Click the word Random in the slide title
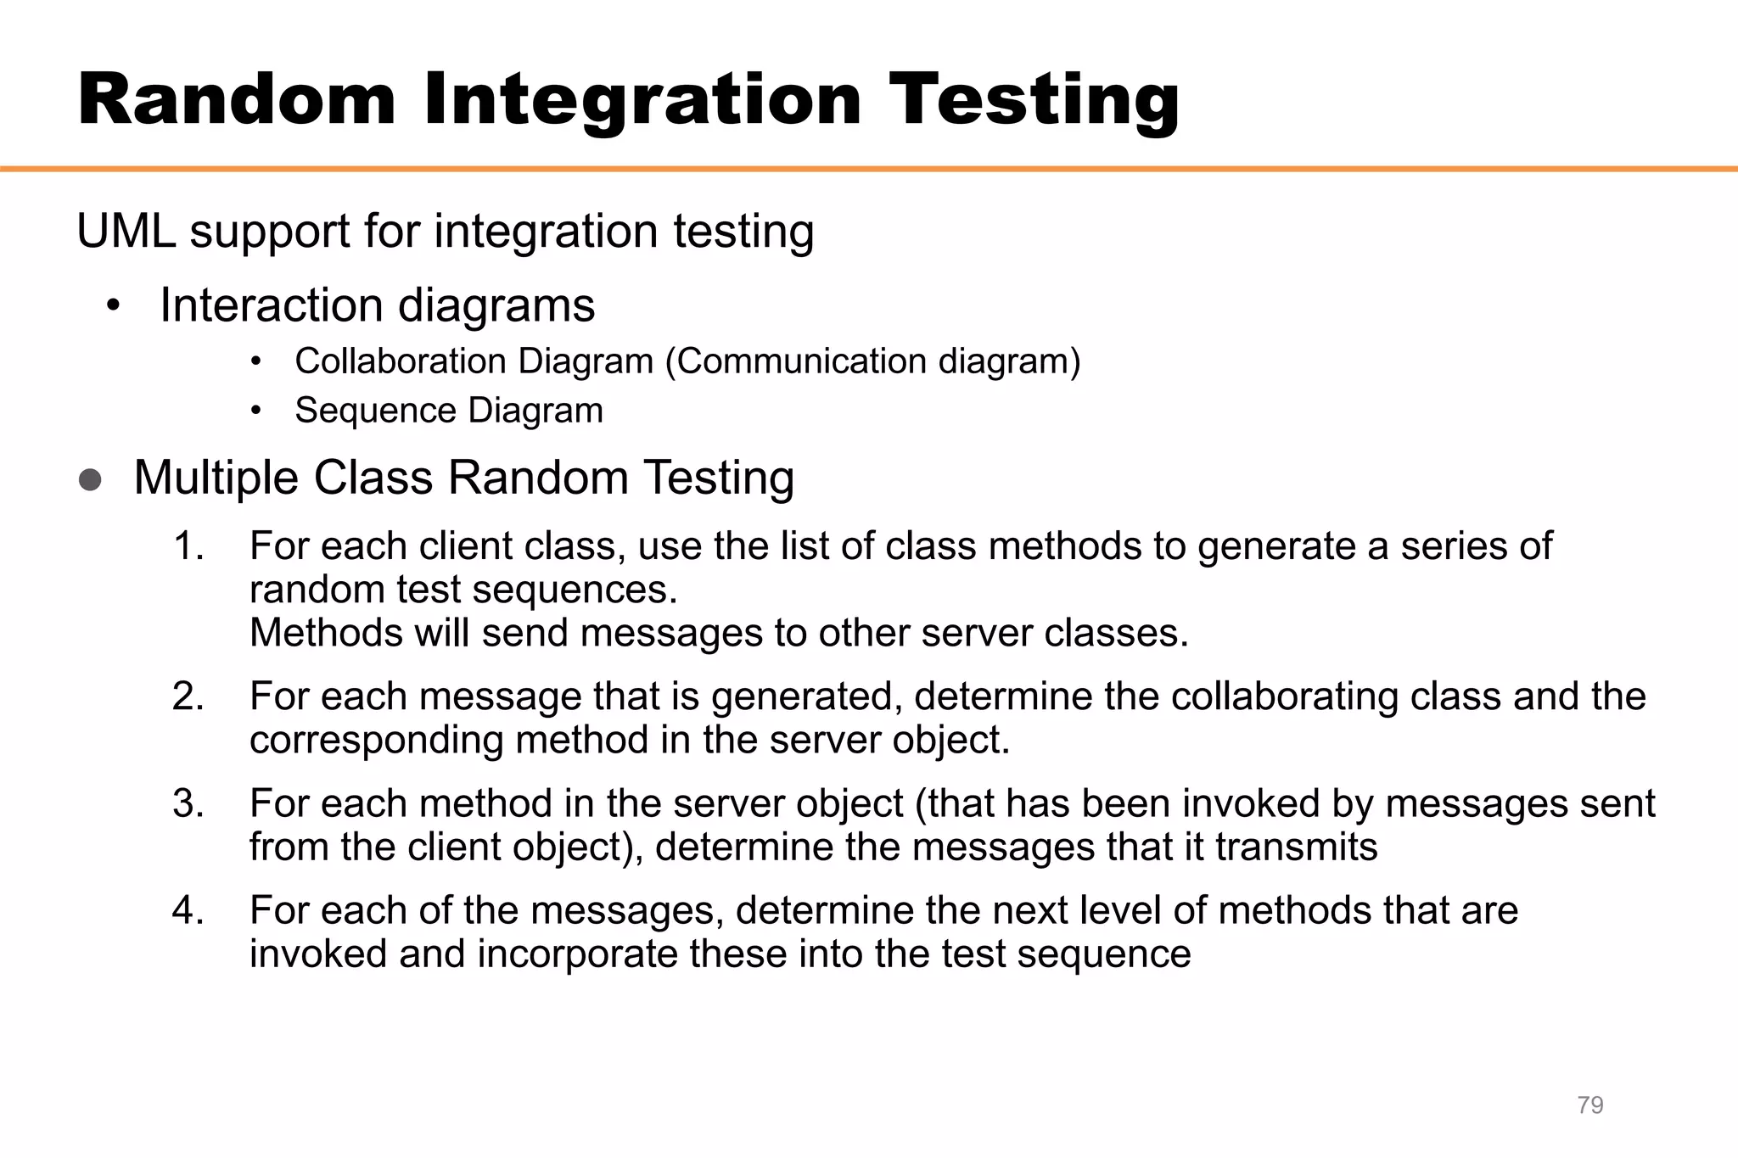tap(237, 100)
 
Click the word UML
tap(126, 231)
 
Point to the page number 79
tap(1589, 1105)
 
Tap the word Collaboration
tap(388, 361)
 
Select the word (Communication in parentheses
tap(797, 361)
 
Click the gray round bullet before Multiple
tap(90, 480)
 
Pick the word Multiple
tap(216, 478)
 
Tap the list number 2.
tap(188, 696)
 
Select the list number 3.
tap(188, 803)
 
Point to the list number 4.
tap(188, 910)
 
